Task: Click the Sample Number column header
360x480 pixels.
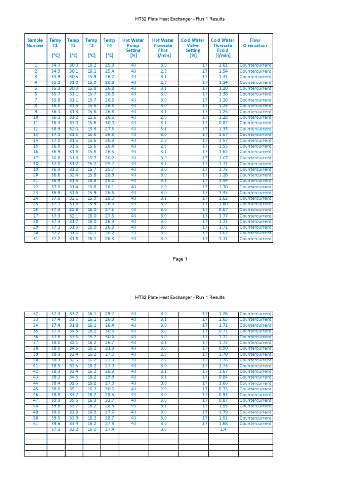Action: [x=35, y=43]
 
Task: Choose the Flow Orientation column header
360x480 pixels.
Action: [x=255, y=43]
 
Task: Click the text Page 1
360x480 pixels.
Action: [x=180, y=259]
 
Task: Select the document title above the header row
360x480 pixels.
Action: [x=180, y=19]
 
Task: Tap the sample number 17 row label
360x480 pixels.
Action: [x=35, y=158]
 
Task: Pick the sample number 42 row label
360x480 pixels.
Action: [x=35, y=372]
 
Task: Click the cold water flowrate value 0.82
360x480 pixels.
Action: [x=223, y=123]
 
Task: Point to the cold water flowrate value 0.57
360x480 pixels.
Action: [x=223, y=210]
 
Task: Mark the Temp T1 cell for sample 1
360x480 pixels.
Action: [x=55, y=66]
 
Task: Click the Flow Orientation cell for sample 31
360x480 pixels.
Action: [x=255, y=239]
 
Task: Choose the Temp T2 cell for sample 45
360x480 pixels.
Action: [x=73, y=389]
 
